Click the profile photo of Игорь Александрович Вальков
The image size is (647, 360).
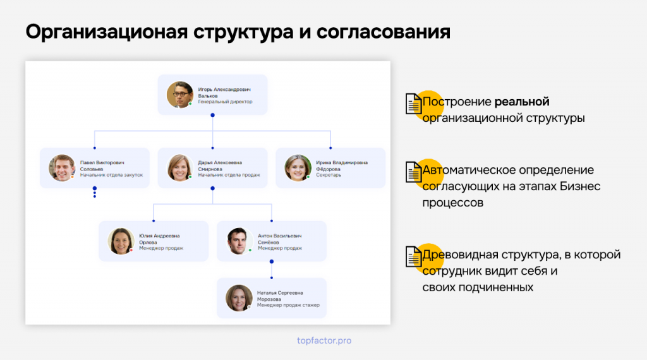click(x=180, y=95)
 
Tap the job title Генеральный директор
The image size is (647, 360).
click(x=225, y=102)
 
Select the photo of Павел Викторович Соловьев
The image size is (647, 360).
click(x=62, y=168)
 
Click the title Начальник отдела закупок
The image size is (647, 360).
click(x=111, y=175)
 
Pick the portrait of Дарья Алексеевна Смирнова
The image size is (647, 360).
click(x=180, y=168)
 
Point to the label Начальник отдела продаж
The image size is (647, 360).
click(x=229, y=175)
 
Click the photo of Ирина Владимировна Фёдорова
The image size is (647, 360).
click(x=298, y=168)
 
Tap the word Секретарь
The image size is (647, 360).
click(x=329, y=175)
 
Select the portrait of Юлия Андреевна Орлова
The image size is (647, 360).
click(x=121, y=241)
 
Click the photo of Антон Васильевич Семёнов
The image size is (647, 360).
click(x=239, y=241)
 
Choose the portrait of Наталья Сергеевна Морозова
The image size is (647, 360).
click(x=239, y=297)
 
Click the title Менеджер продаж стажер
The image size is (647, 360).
click(x=288, y=305)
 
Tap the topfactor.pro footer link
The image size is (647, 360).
click(x=324, y=340)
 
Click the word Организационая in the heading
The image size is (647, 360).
click(x=107, y=32)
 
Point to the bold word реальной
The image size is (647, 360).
click(x=522, y=102)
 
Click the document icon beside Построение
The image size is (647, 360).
click(x=413, y=104)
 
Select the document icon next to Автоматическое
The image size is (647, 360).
click(x=413, y=172)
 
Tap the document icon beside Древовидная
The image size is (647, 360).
click(x=413, y=256)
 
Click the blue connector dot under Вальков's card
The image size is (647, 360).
click(x=212, y=115)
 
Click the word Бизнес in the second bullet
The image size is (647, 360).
click(x=580, y=186)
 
